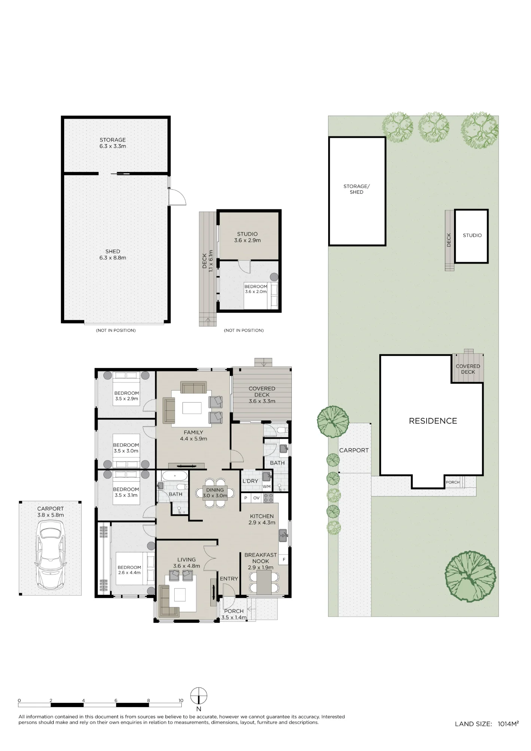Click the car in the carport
(x=50, y=558)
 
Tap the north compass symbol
(x=199, y=696)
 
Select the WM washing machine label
(x=267, y=487)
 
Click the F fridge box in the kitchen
(x=284, y=559)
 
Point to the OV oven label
(x=256, y=498)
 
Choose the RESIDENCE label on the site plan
(x=433, y=421)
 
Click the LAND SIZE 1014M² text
(x=487, y=724)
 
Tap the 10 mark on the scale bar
(x=181, y=700)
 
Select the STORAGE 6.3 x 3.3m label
(x=113, y=143)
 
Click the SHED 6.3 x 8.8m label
(x=113, y=255)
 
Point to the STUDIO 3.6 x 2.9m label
(x=247, y=237)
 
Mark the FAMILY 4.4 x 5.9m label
(x=193, y=436)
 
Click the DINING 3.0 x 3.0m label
(x=215, y=493)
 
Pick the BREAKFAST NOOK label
(x=261, y=558)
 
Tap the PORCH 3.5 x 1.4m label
(x=234, y=614)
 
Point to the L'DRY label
(x=250, y=481)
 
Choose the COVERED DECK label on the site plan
(x=468, y=369)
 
